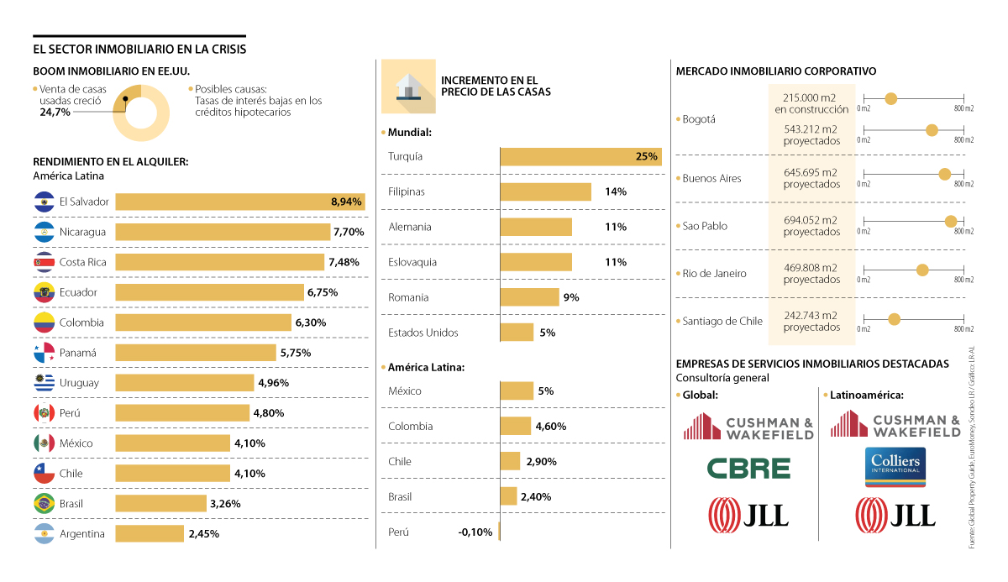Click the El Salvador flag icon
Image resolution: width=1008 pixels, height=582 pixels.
[44, 202]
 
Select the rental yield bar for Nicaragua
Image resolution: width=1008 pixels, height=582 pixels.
[223, 232]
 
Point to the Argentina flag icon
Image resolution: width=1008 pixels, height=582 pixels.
[44, 533]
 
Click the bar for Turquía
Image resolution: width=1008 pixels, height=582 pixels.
[580, 157]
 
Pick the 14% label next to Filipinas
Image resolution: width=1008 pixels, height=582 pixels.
[615, 191]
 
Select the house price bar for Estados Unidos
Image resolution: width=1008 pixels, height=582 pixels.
[517, 333]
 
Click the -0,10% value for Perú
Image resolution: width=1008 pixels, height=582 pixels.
[475, 532]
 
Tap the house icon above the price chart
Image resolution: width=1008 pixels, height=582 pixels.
[408, 87]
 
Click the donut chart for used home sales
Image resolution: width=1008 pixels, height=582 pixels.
[141, 113]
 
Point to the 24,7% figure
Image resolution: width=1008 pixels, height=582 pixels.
[55, 112]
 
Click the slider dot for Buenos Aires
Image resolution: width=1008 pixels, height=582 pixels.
[944, 175]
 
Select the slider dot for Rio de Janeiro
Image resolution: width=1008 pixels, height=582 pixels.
[922, 270]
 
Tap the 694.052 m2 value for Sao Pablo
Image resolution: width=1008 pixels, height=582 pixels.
[811, 220]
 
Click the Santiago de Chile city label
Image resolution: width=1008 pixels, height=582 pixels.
[722, 321]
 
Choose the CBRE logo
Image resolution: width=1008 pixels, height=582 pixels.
[748, 467]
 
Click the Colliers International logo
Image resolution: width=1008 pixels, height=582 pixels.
[895, 467]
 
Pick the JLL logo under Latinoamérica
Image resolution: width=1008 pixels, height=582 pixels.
[895, 513]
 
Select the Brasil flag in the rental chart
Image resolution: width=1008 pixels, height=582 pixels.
[44, 504]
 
